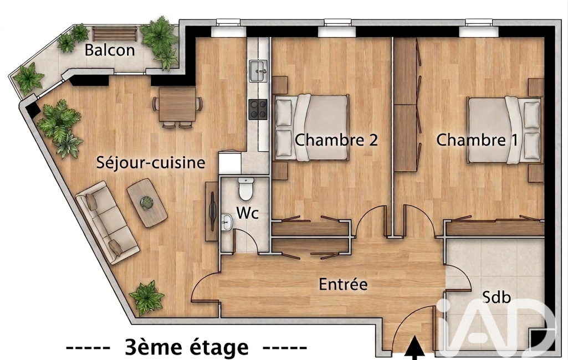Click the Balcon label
point(110,50)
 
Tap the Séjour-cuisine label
point(151,163)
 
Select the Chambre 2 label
point(336,140)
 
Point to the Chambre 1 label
point(477,140)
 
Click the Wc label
point(248,213)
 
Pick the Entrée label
point(343,284)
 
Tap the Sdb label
point(497,297)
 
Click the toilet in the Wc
point(245,189)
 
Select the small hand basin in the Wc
point(227,221)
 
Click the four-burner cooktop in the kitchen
point(258,109)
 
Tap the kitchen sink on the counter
point(258,71)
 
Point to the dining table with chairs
point(177,106)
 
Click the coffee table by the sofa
point(147,203)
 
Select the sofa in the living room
point(107,223)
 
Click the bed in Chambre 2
point(311,127)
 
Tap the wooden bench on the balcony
point(115,34)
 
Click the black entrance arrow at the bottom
point(415,348)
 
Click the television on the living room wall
point(212,211)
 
